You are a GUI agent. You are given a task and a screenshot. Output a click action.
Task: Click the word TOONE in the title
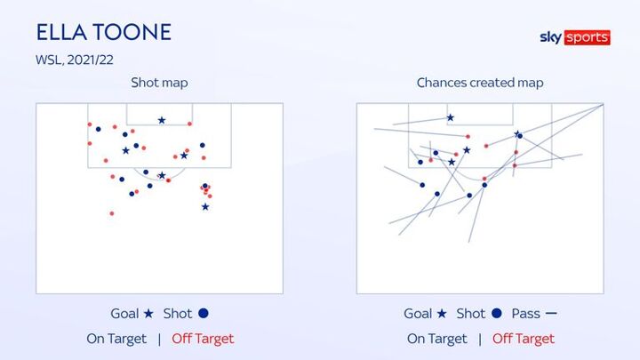pos(132,32)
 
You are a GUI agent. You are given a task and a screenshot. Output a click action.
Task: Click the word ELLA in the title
pos(61,32)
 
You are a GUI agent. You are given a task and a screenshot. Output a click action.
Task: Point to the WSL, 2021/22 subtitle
pos(75,60)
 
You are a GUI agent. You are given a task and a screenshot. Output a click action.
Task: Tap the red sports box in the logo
pos(588,37)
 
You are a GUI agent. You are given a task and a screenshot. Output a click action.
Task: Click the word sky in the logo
pos(551,37)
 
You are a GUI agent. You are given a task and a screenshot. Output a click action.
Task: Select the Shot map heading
pos(159,83)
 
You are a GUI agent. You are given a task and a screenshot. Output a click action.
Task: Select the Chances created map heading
pos(480,83)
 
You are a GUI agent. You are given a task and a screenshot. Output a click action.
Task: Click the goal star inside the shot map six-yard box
pos(162,120)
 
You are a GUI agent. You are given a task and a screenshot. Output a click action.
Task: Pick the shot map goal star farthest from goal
pos(205,207)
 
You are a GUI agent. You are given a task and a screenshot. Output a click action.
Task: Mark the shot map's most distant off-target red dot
pos(112,213)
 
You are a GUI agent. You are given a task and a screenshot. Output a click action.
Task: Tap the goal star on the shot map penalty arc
pos(162,175)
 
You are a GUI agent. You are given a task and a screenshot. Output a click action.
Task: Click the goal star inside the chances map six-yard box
pos(450,118)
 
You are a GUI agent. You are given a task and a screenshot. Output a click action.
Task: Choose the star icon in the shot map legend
pos(148,314)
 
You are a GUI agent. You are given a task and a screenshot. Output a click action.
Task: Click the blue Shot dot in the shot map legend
pos(204,314)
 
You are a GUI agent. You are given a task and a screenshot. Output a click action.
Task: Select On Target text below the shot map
pos(116,339)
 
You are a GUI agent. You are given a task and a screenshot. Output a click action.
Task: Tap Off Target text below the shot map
pos(203,339)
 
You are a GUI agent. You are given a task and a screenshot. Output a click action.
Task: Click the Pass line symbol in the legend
pos(551,314)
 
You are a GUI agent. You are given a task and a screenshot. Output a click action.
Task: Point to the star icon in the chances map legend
pos(442,314)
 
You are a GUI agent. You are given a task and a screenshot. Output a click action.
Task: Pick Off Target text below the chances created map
pos(524,339)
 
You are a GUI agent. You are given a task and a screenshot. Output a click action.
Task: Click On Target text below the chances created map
pos(436,339)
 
